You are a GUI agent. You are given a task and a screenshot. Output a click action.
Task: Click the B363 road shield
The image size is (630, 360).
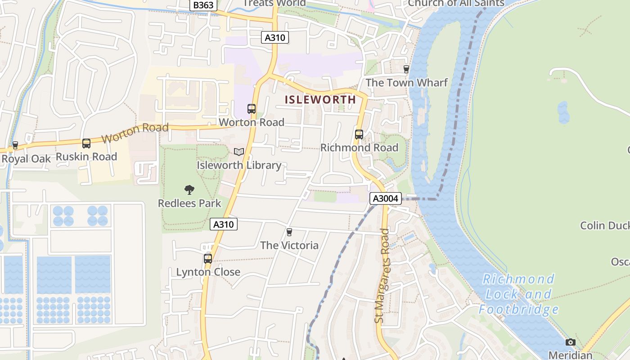203,5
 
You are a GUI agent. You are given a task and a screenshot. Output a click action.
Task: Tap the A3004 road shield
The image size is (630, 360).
386,198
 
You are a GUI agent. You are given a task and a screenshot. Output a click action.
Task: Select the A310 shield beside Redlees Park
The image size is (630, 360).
224,224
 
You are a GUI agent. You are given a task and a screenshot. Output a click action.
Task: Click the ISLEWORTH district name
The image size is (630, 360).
320,99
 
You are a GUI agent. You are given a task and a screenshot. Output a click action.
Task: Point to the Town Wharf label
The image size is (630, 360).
406,82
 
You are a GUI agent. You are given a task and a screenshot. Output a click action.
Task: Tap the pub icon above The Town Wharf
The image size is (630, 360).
406,69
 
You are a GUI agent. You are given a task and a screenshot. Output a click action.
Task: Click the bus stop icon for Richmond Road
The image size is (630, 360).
359,134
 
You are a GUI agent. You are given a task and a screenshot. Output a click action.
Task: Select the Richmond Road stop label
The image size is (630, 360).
359,148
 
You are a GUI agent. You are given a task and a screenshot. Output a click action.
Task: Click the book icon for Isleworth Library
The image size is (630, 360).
239,152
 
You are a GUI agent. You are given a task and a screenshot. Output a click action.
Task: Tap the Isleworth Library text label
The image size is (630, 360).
239,165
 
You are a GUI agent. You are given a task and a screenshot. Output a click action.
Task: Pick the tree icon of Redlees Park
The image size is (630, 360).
189,190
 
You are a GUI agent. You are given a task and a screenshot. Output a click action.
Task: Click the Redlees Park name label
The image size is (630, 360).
189,203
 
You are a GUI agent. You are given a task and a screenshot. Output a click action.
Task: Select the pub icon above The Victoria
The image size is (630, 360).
289,232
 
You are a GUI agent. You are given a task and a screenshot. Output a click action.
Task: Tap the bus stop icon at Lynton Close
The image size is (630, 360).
207,259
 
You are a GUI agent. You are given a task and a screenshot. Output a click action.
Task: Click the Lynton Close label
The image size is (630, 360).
208,272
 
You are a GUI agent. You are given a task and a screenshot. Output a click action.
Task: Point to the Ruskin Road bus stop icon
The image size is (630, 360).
86,144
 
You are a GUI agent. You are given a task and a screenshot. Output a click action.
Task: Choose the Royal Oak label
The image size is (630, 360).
26,159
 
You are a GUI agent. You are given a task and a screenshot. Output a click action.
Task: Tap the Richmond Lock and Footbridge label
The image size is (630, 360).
518,294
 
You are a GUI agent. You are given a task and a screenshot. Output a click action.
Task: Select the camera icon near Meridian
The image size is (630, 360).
570,342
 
